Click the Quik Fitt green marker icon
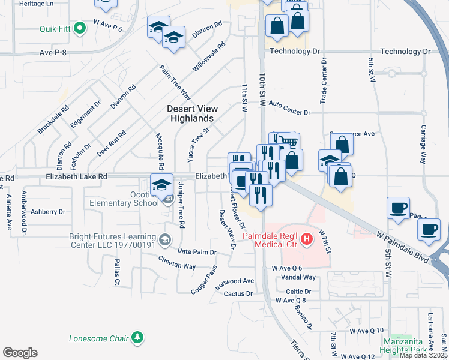pyautogui.click(x=77, y=29)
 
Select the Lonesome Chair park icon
pyautogui.click(x=138, y=338)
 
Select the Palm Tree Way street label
pyautogui.click(x=175, y=83)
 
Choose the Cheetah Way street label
pyautogui.click(x=177, y=262)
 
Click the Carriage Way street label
pyautogui.click(x=423, y=145)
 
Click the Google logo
pyautogui.click(x=20, y=353)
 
